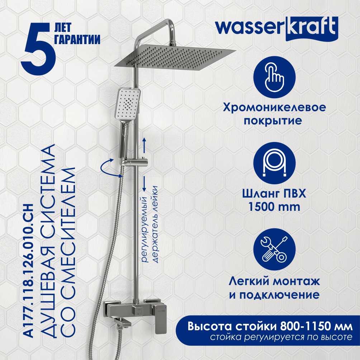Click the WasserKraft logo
277,29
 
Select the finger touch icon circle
274,77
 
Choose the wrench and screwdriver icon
274,250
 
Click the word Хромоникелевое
274,108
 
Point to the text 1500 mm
274,207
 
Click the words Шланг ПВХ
274,194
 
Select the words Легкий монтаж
274,281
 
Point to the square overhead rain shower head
175,56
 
